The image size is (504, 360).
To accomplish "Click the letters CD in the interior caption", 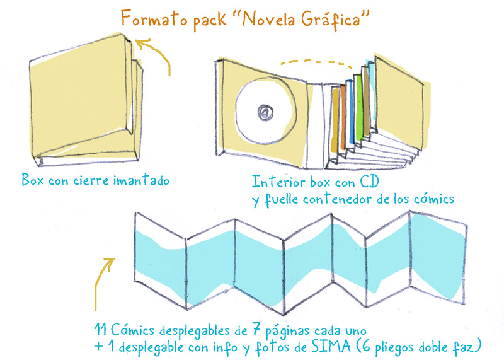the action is (x=373, y=182).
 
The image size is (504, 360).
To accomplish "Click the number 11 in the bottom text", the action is (x=98, y=330).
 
